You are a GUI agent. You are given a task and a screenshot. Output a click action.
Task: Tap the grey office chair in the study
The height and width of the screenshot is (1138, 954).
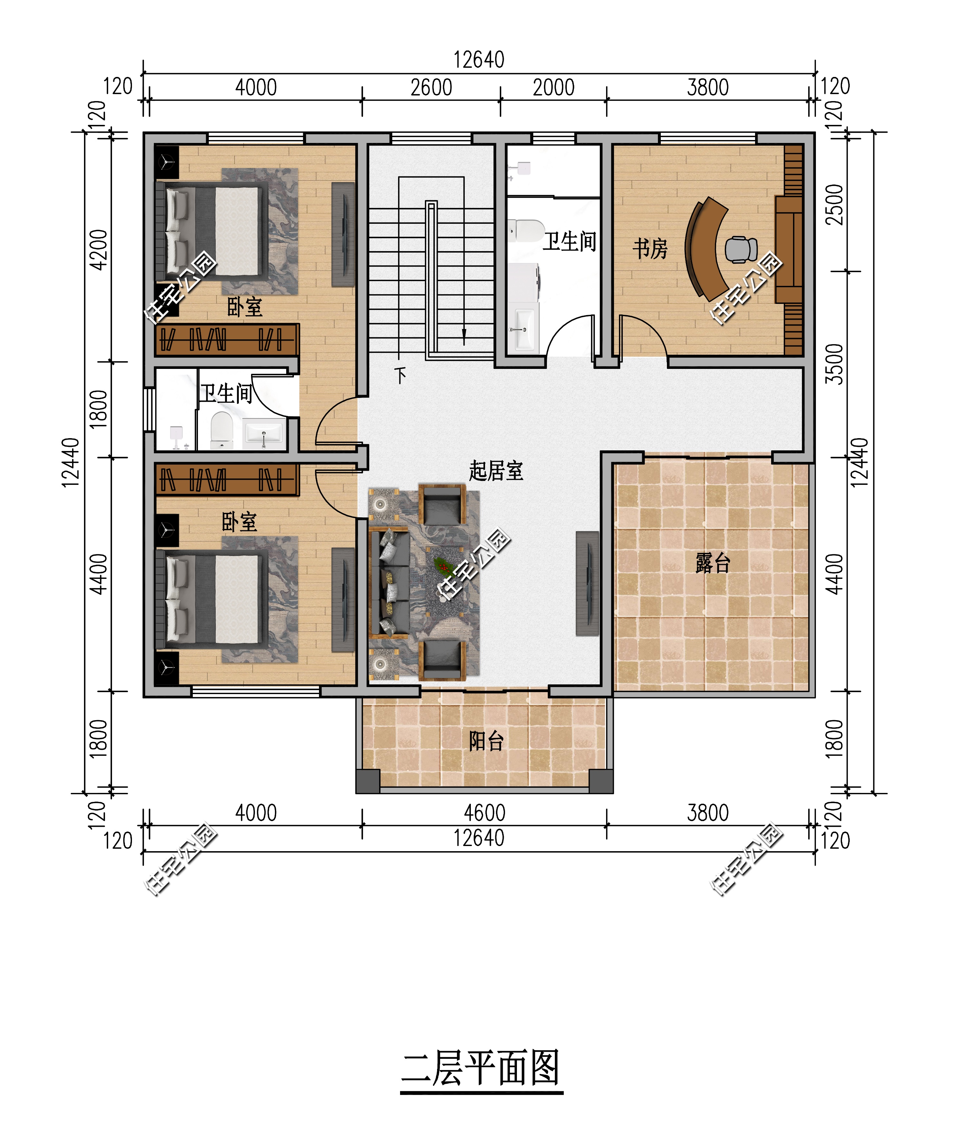click(741, 249)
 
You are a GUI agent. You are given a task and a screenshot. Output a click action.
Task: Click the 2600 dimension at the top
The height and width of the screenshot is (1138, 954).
click(431, 87)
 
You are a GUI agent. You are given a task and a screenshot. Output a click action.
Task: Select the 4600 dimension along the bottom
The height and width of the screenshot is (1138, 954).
click(484, 813)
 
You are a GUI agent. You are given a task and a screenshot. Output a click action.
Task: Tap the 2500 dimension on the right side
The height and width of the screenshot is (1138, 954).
click(834, 205)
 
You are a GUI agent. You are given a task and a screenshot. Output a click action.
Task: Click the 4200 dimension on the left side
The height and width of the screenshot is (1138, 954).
click(98, 250)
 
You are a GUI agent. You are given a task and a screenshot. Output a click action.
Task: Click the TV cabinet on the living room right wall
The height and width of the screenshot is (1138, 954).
click(587, 583)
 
